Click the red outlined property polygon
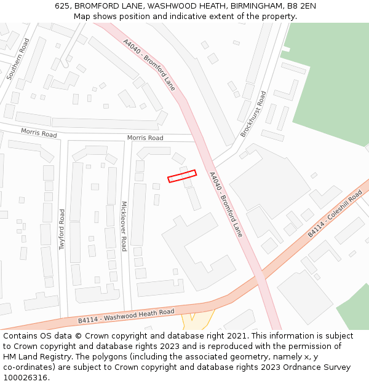pos(182,176)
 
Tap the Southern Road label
pos(17,59)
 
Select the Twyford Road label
pos(61,229)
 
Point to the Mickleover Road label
pos(124,226)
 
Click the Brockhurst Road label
pos(253,114)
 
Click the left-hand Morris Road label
pos(39,133)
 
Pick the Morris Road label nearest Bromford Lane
pos(145,138)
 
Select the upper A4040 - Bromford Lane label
pos(149,65)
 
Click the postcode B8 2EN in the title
pos(300,6)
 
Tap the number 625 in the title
pos(61,6)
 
